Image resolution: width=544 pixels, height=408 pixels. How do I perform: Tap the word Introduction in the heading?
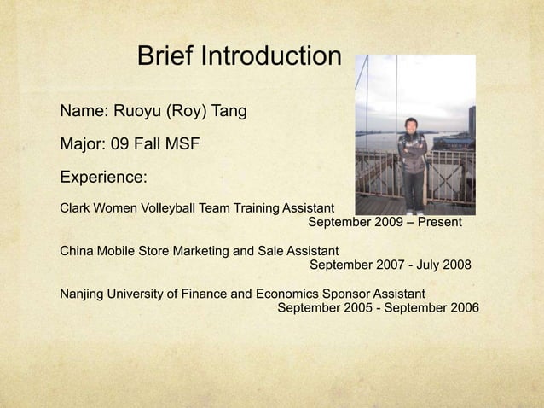271,57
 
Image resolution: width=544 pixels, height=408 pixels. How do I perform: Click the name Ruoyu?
136,111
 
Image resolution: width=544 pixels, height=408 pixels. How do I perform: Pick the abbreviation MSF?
183,144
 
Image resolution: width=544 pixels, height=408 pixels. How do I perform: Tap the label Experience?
103,178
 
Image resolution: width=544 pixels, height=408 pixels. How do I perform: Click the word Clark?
76,207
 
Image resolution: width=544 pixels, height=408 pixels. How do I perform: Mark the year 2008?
456,265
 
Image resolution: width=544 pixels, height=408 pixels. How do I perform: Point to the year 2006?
464,308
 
